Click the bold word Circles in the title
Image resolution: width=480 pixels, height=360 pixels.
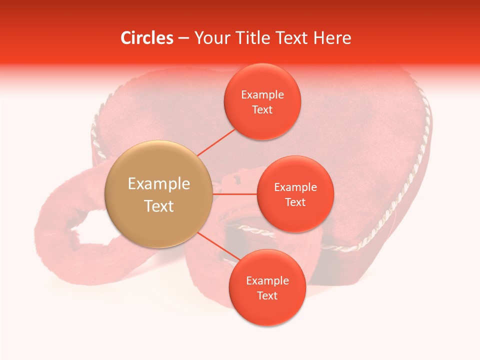(146, 38)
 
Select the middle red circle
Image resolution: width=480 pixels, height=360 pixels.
(295, 220)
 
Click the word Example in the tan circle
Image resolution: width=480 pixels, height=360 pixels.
(159, 184)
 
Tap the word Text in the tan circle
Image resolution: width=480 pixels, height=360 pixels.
(159, 206)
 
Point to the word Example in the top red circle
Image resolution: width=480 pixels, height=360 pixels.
(262, 95)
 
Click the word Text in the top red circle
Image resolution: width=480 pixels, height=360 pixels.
(262, 110)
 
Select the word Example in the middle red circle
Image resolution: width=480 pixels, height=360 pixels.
(295, 187)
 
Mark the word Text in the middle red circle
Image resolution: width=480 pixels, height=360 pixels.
(295, 202)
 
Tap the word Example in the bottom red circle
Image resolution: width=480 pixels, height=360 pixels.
(267, 281)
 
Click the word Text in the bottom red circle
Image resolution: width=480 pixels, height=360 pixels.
(267, 296)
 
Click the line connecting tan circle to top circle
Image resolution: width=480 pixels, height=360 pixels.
(216, 142)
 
